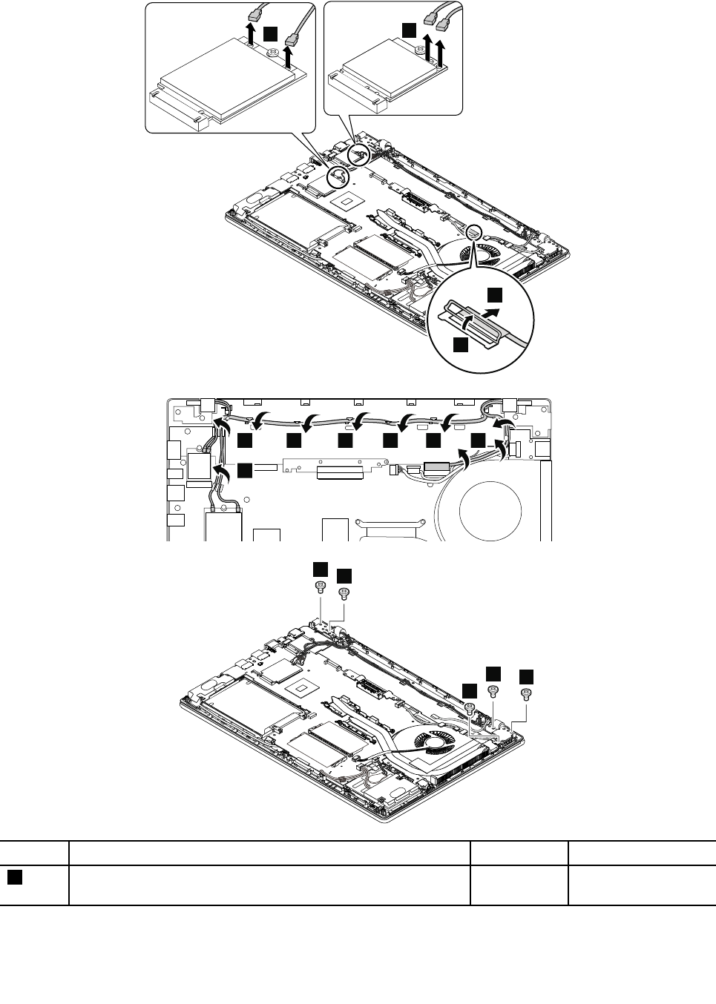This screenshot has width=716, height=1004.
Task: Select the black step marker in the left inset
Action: pyautogui.click(x=272, y=33)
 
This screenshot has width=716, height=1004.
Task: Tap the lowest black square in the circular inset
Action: pyautogui.click(x=461, y=344)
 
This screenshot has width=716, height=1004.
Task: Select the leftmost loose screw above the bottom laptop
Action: pyautogui.click(x=320, y=587)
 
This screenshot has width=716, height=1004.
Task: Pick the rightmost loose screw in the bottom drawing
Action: pyautogui.click(x=527, y=694)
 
